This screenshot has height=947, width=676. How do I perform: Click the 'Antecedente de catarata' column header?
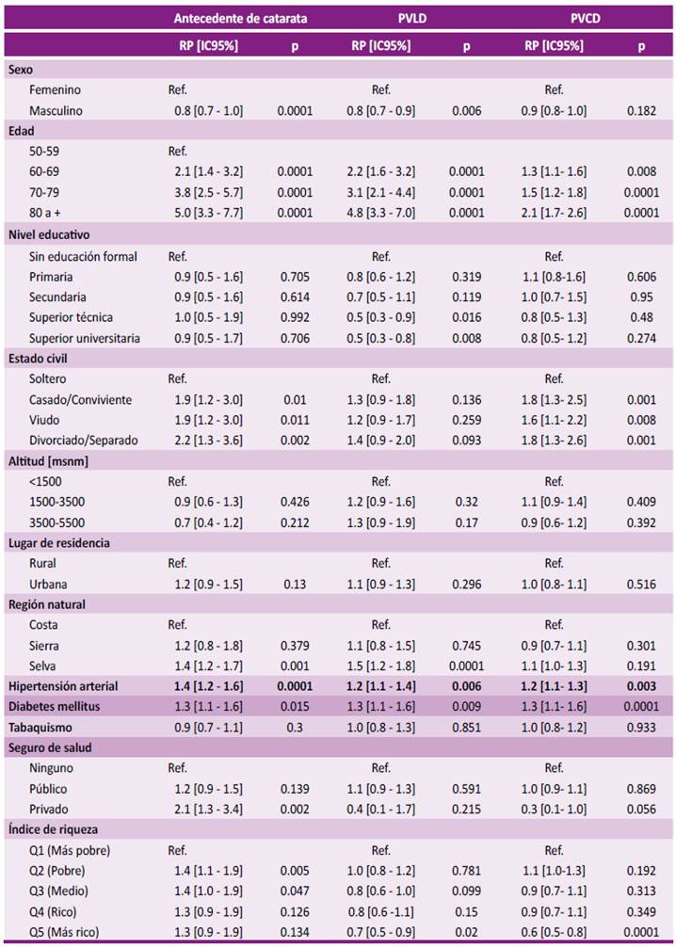coord(240,18)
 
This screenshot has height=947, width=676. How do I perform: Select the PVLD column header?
coord(412,18)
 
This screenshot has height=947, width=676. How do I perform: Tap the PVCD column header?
coord(586,18)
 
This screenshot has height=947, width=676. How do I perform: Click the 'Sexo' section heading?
coord(21,70)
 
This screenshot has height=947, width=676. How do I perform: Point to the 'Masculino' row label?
coord(56,110)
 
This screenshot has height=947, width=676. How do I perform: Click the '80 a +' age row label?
coord(44,213)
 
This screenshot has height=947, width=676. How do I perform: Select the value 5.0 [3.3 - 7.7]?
coord(208,213)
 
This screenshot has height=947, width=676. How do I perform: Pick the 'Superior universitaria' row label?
coord(85,338)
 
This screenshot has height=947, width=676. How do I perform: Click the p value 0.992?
coord(295,317)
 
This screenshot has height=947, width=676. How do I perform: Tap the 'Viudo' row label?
coord(44,420)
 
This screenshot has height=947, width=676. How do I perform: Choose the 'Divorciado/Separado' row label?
coord(84,441)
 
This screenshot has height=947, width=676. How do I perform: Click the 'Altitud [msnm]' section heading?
coord(48,461)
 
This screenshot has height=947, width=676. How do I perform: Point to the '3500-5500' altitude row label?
coord(56,522)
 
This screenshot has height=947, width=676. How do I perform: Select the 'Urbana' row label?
coord(48,584)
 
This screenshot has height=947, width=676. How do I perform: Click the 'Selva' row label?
coord(42,666)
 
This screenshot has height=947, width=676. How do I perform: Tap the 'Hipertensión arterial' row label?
coord(63,686)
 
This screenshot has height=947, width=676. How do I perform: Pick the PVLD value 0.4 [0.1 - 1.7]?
coord(380,810)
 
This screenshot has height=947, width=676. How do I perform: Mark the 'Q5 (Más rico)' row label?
coord(64,932)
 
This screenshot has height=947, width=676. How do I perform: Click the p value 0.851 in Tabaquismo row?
coord(466,727)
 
